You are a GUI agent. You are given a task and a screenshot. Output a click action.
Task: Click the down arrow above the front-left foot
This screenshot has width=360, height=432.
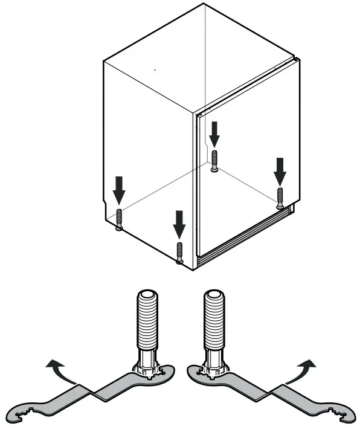coord(119,190)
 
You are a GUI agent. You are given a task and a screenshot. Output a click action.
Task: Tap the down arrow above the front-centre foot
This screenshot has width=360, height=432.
coord(178,224)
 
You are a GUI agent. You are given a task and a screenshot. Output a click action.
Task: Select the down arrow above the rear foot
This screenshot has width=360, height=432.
coord(215,134)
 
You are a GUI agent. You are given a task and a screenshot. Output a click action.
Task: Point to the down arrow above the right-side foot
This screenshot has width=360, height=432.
coord(279,171)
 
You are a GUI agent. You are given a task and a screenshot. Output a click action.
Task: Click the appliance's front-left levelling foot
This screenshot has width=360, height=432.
coord(119,219)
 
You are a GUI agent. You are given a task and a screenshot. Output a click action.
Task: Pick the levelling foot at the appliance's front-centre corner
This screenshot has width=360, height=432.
coord(179,252)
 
